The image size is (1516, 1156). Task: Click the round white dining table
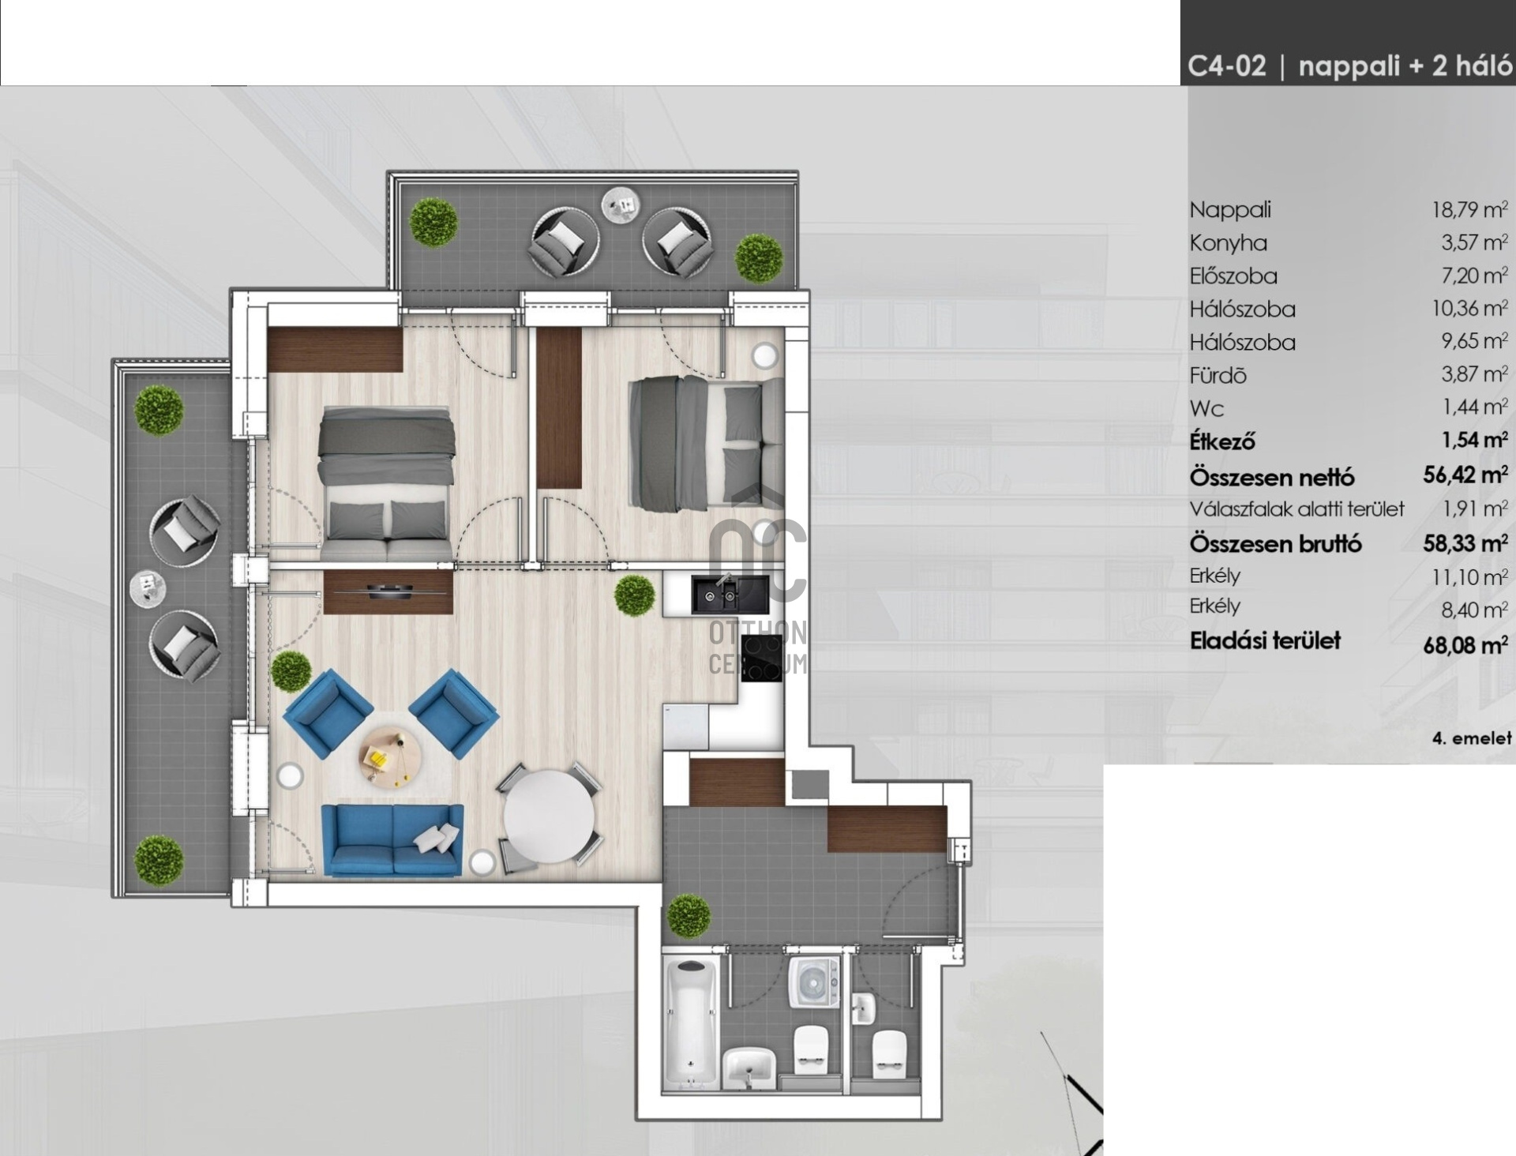click(x=550, y=818)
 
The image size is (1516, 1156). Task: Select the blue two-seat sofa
click(x=392, y=839)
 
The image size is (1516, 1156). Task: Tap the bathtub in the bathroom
click(x=692, y=1023)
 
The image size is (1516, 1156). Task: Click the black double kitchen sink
click(x=730, y=595)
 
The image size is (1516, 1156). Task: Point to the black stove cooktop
click(x=763, y=657)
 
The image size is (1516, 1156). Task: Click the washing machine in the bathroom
click(x=814, y=981)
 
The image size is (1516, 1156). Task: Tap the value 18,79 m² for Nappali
click(x=1469, y=209)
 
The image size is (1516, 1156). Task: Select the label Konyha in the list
click(x=1228, y=243)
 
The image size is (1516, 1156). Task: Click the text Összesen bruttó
click(x=1275, y=544)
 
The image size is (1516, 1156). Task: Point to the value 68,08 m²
click(x=1465, y=644)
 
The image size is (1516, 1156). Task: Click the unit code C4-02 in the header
click(x=1226, y=66)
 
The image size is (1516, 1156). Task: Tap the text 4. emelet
click(x=1472, y=738)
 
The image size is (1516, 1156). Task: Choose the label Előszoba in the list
click(x=1233, y=276)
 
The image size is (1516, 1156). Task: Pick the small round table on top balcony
click(x=620, y=205)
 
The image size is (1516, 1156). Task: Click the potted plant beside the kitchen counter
click(x=634, y=595)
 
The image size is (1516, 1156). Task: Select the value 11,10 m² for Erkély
click(x=1469, y=577)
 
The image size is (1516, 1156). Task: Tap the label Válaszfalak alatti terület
click(x=1297, y=509)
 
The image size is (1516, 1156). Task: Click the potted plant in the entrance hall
click(x=689, y=916)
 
